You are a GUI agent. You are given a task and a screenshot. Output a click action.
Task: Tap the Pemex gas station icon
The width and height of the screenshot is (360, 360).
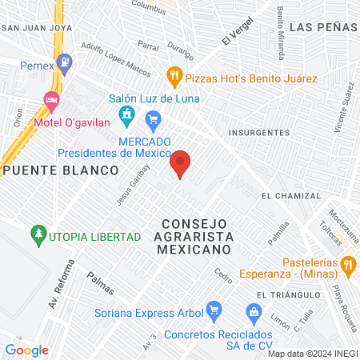tap(66, 61)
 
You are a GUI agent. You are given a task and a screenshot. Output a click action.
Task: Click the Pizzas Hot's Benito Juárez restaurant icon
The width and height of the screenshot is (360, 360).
tap(174, 77)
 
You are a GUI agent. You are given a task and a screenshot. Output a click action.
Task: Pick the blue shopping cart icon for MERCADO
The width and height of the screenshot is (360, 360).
tap(153, 122)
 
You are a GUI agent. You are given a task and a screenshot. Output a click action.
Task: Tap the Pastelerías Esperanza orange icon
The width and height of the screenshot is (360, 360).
tap(347, 264)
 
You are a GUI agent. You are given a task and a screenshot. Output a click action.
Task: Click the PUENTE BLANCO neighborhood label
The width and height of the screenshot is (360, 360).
tap(59, 170)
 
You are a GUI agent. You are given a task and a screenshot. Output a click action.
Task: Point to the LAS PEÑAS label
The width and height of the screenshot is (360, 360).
tap(322, 26)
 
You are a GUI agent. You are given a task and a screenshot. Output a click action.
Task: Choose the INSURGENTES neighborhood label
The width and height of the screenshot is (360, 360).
tap(258, 132)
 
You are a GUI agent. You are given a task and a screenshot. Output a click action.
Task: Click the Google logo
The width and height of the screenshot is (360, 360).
tap(27, 350)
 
